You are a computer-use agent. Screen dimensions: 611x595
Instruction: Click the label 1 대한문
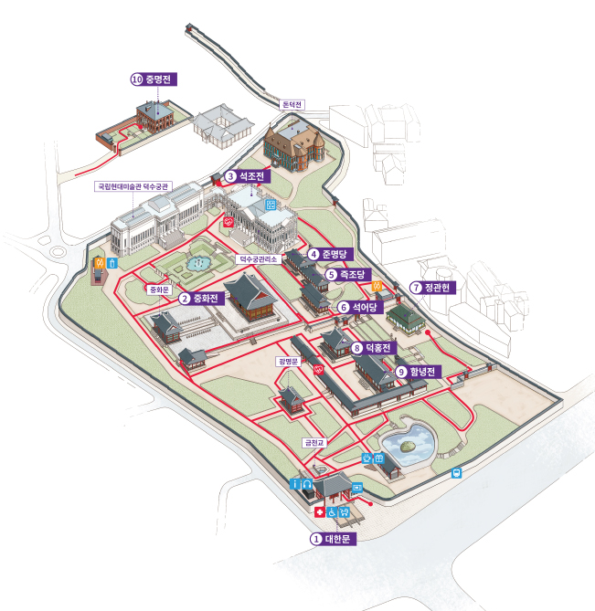(x=331, y=539)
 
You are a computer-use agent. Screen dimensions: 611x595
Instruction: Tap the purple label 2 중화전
(x=197, y=298)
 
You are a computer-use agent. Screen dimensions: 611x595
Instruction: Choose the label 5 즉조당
(x=345, y=274)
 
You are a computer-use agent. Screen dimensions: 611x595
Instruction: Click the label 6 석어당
(x=357, y=308)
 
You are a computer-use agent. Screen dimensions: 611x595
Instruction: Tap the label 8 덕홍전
(x=370, y=348)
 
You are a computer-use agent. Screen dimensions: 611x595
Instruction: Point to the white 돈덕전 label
(x=292, y=105)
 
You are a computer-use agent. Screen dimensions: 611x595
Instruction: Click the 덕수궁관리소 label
(x=258, y=259)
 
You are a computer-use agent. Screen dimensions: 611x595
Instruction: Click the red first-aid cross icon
(x=319, y=513)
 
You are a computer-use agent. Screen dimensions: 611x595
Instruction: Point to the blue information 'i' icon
(x=296, y=482)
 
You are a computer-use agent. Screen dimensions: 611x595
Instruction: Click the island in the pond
(x=408, y=446)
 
